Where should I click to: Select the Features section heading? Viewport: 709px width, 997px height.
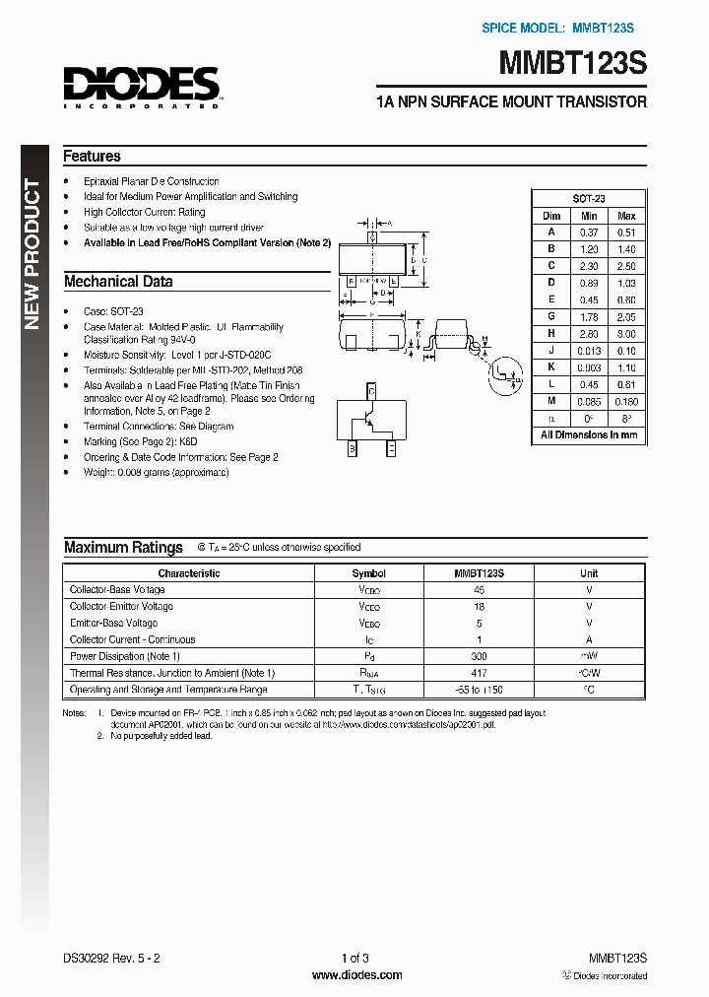92,156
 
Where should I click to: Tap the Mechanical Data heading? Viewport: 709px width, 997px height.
118,282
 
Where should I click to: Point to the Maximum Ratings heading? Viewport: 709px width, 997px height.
123,548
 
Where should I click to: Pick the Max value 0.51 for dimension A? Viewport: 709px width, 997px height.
626,233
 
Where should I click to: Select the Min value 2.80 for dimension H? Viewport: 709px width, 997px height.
589,334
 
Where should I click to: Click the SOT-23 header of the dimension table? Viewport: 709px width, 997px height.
589,198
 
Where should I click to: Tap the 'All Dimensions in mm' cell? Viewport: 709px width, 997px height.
589,434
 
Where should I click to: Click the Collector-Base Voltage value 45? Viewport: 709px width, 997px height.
480,590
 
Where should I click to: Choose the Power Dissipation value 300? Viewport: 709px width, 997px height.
480,656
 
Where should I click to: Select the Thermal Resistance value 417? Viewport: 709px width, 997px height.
480,673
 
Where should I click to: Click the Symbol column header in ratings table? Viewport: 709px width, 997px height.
369,573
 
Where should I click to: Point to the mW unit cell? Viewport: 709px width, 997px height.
589,656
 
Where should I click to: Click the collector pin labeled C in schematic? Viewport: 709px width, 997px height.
370,391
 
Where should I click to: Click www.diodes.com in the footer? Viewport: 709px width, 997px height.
356,975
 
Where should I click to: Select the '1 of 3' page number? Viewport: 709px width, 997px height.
354,958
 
